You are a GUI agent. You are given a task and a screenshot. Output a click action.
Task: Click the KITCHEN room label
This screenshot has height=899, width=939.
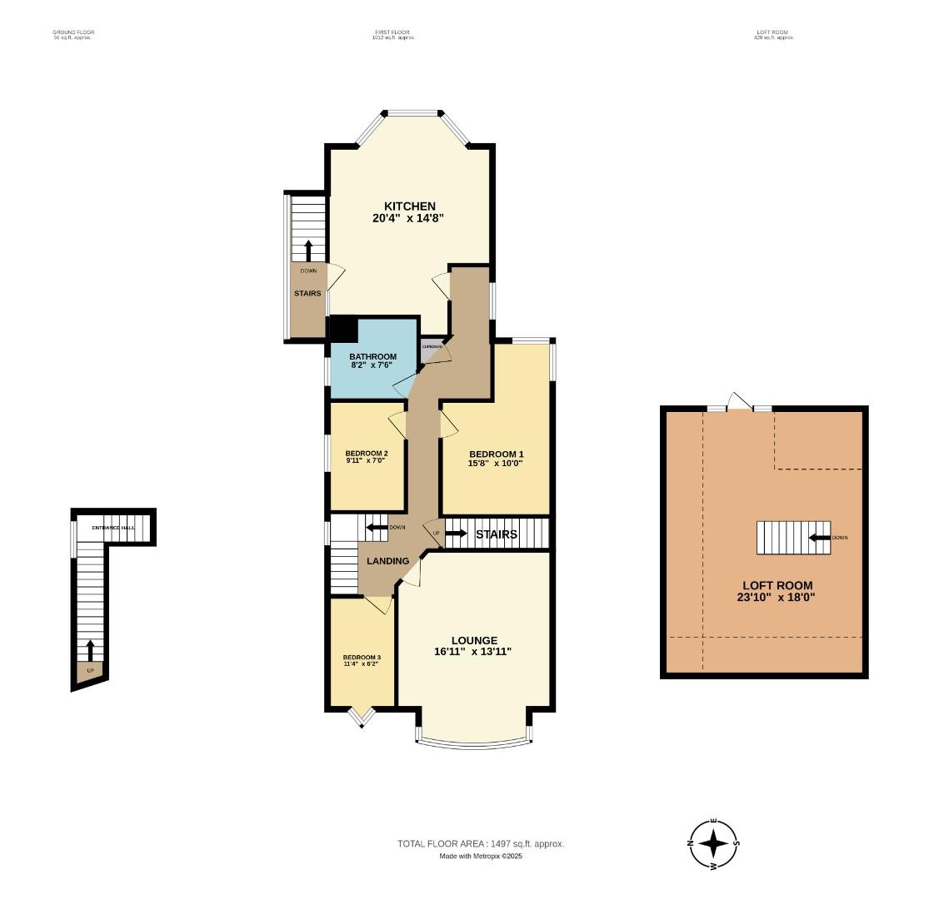point(409,206)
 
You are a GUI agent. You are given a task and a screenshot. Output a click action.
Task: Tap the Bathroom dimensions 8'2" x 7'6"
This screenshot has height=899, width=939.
point(372,366)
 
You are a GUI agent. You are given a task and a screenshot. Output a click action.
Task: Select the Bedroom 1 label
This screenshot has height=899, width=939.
point(495,454)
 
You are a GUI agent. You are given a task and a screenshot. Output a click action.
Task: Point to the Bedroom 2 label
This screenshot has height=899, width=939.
point(367,453)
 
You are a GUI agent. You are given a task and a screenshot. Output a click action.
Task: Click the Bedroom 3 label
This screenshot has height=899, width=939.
point(362,657)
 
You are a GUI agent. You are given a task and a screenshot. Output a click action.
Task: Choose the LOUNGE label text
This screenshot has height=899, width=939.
point(472,639)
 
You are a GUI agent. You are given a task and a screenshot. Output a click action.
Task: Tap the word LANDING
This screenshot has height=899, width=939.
point(388,560)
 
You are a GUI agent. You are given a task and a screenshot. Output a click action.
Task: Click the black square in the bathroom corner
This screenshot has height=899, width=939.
point(344,328)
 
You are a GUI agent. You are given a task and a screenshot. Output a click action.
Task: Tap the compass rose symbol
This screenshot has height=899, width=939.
point(714,843)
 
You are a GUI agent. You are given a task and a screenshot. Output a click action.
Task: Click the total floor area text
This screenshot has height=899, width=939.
point(481,843)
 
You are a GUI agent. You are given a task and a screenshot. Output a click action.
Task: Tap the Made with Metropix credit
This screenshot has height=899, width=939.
point(481,856)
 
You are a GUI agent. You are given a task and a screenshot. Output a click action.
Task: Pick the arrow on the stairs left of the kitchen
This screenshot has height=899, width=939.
point(308,250)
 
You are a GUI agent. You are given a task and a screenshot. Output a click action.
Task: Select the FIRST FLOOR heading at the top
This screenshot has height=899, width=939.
point(394,32)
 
